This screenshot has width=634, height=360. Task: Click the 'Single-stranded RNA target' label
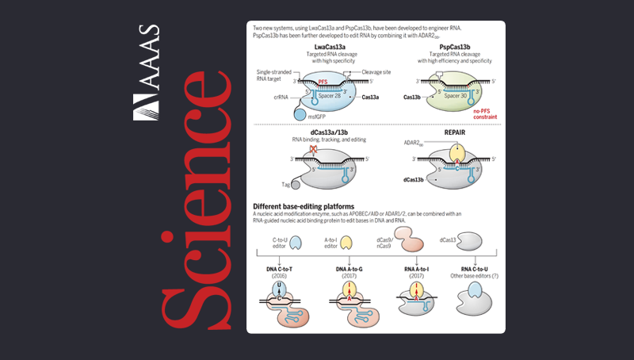coord(276,75)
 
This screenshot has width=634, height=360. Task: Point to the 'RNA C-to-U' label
coord(469,270)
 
